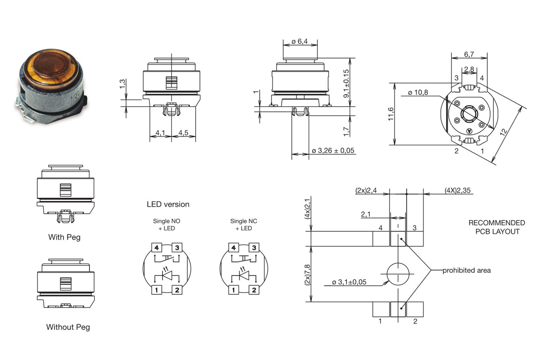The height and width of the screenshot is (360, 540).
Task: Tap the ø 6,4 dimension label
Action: tap(299, 41)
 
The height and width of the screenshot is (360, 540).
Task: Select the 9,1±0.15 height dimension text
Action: tap(346, 84)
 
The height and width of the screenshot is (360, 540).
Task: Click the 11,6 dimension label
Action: tap(391, 114)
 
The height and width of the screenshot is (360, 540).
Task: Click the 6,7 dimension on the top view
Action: tap(469, 54)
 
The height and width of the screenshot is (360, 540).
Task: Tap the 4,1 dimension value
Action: tap(160, 133)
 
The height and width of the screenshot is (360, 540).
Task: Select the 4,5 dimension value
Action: tap(183, 133)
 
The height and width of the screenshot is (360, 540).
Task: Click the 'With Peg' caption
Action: tap(64, 237)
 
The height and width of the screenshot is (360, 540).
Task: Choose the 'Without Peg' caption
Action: tap(68, 327)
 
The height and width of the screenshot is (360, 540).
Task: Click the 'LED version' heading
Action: tap(168, 204)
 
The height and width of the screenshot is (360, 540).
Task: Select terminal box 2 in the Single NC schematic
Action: tap(254, 290)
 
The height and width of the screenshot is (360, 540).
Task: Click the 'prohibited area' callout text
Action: tap(467, 270)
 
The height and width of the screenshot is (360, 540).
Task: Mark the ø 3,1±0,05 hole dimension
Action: tap(349, 282)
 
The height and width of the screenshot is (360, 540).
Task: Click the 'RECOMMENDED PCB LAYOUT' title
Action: tap(496, 227)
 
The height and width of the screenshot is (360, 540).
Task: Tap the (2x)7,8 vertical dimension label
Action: tap(308, 274)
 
